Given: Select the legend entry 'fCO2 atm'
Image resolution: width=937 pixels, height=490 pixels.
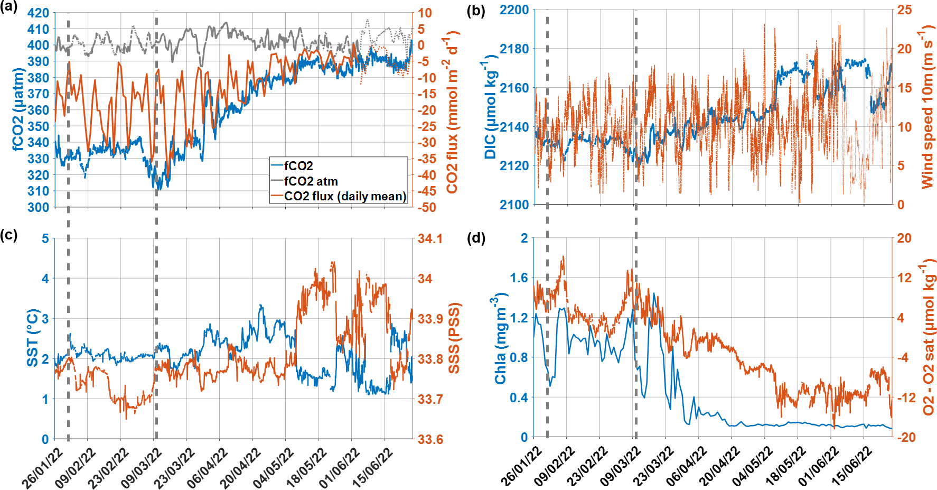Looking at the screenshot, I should [311, 181].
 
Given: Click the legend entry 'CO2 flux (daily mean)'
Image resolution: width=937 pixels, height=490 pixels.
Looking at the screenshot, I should [345, 196].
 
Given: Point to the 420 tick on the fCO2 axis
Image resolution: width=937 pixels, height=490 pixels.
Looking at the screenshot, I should [38, 13].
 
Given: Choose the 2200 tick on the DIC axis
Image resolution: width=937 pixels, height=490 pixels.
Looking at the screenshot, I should [514, 10].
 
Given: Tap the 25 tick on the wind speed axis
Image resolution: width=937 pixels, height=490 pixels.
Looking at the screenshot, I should [904, 10].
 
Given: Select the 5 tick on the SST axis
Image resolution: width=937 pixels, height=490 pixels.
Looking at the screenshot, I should [45, 239].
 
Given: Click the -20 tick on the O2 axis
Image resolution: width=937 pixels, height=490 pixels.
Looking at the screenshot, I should [904, 437].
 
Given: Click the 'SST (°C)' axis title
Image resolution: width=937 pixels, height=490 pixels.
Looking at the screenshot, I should [33, 338].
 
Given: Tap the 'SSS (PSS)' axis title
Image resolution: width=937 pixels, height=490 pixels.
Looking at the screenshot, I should [453, 338].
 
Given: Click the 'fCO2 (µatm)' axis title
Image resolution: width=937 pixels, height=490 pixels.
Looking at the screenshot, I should [19, 109].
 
